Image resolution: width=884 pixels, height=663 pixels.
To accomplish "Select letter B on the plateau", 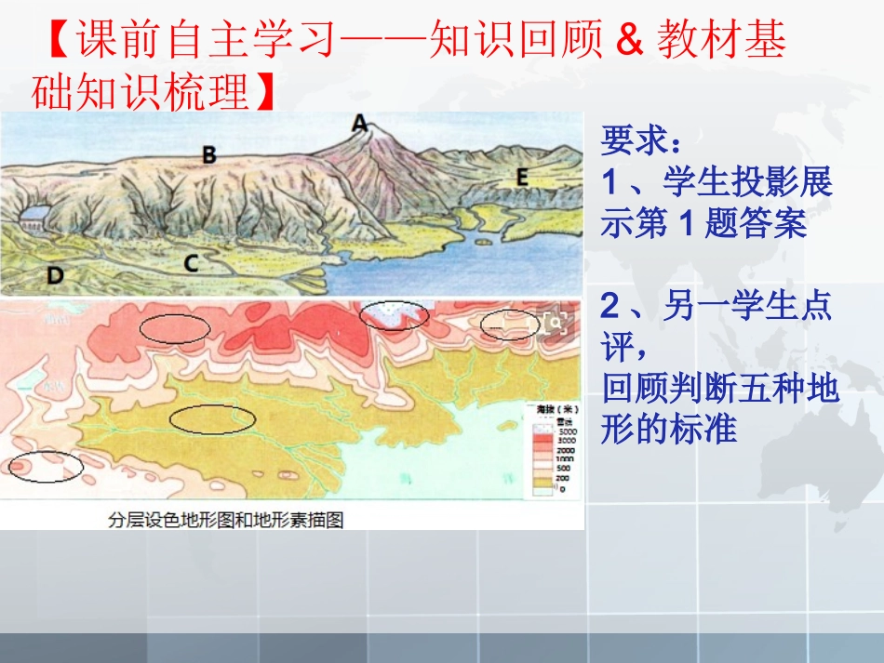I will click(209, 154).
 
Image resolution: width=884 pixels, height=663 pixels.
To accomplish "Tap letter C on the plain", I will click(191, 263).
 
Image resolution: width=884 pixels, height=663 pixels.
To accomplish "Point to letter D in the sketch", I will click(56, 274).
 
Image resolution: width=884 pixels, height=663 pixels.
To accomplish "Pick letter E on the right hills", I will click(521, 177).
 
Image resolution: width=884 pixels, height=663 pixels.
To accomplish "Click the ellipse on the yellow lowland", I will click(212, 418).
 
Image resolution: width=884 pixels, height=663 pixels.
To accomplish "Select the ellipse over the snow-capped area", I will click(395, 315).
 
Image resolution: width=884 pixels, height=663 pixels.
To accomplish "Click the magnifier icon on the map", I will click(556, 322).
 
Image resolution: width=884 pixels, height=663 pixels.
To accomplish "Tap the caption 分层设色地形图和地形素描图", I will click(225, 520).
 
